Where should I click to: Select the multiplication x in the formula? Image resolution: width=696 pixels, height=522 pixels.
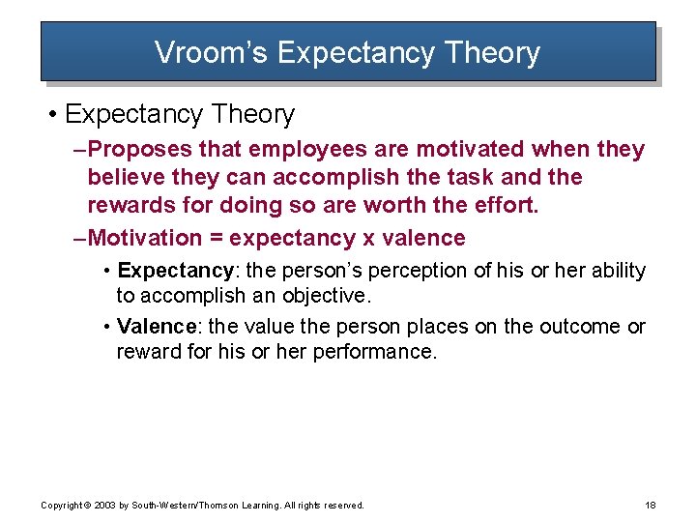[369, 239]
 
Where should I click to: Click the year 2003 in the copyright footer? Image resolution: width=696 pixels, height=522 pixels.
[105, 505]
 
